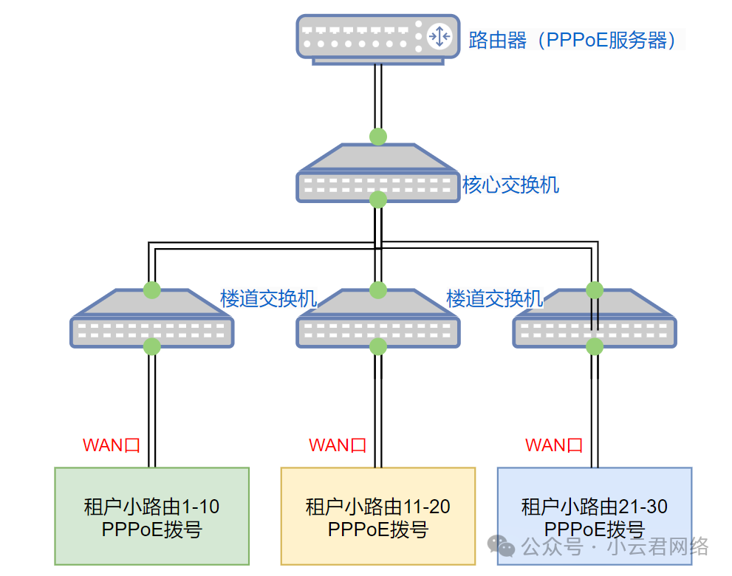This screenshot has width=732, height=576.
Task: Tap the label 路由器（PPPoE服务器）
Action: coord(573,39)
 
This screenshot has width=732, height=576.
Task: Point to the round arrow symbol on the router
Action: coord(439,36)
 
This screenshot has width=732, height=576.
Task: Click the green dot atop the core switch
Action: coord(378,137)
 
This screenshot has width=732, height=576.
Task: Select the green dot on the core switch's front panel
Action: coord(378,199)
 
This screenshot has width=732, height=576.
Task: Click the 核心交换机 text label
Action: coord(510,185)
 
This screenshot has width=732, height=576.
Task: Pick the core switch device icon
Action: coord(377,174)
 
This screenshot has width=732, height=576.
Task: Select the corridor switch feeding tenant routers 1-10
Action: coord(151,319)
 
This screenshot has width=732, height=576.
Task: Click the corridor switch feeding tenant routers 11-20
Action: coord(377,319)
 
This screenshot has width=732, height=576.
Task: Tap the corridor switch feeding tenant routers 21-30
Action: coord(594,319)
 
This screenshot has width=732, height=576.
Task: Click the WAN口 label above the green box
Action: coord(111,445)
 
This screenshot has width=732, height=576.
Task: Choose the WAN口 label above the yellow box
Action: coord(337,445)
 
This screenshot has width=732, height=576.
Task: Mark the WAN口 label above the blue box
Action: coord(554,445)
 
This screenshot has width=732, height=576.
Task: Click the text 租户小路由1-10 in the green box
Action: coord(151,507)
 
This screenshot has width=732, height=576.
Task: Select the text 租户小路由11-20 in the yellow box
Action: coord(377,507)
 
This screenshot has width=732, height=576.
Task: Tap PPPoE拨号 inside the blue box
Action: coord(594,529)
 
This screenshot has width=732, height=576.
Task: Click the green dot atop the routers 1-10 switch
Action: coord(151,289)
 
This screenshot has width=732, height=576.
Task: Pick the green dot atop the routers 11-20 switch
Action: coord(378,289)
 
